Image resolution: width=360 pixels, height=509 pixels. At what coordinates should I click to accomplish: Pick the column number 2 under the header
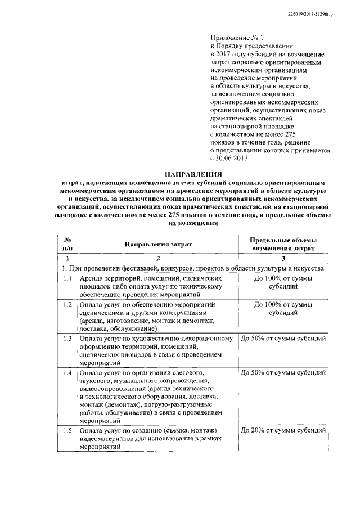(158, 258)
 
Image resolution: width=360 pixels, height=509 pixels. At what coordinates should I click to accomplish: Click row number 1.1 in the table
(67, 278)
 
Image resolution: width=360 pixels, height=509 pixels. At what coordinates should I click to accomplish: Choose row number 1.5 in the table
(67, 430)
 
